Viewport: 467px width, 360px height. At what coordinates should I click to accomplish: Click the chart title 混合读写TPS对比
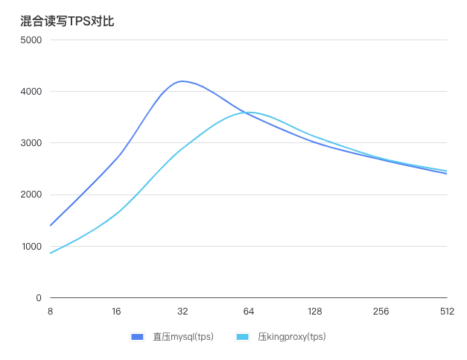coord(67,21)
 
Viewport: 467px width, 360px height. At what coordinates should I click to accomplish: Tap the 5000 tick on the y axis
coord(31,40)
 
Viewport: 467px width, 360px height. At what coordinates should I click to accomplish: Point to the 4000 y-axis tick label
coord(31,92)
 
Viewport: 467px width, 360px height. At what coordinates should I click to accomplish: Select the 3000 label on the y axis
coord(31,143)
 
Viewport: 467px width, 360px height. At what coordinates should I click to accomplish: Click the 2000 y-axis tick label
coord(31,195)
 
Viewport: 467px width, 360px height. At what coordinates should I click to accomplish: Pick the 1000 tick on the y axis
coord(31,247)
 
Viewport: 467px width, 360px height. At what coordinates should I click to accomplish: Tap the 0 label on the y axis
coord(38,298)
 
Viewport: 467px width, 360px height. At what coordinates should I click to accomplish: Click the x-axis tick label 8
coord(50,312)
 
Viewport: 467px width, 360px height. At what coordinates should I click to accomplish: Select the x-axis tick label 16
coord(116,312)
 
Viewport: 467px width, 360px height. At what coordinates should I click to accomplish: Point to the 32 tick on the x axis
coord(182,312)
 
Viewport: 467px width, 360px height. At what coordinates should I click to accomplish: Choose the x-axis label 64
coord(249,312)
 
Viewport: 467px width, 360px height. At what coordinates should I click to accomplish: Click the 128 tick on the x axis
coord(315,312)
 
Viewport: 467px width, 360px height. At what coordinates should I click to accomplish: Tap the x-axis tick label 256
coord(381,312)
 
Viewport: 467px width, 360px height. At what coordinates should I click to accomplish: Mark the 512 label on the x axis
coord(447,312)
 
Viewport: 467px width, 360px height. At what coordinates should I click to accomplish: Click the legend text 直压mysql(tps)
coord(183,337)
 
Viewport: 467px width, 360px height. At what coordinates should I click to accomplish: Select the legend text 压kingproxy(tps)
coord(292,337)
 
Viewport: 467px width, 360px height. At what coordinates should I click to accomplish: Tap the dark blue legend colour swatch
coord(137,337)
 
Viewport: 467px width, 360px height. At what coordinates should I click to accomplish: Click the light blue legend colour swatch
coord(242,337)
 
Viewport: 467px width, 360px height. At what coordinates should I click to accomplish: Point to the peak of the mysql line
coord(181,81)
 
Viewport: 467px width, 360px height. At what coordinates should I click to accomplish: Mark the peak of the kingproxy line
coord(250,113)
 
